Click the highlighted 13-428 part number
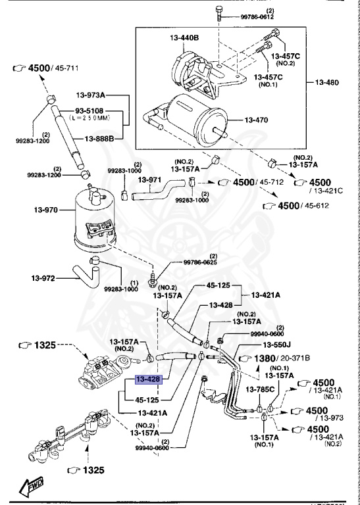coord(148,379)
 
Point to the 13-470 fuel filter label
coord(261,120)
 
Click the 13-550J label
coord(278,344)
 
